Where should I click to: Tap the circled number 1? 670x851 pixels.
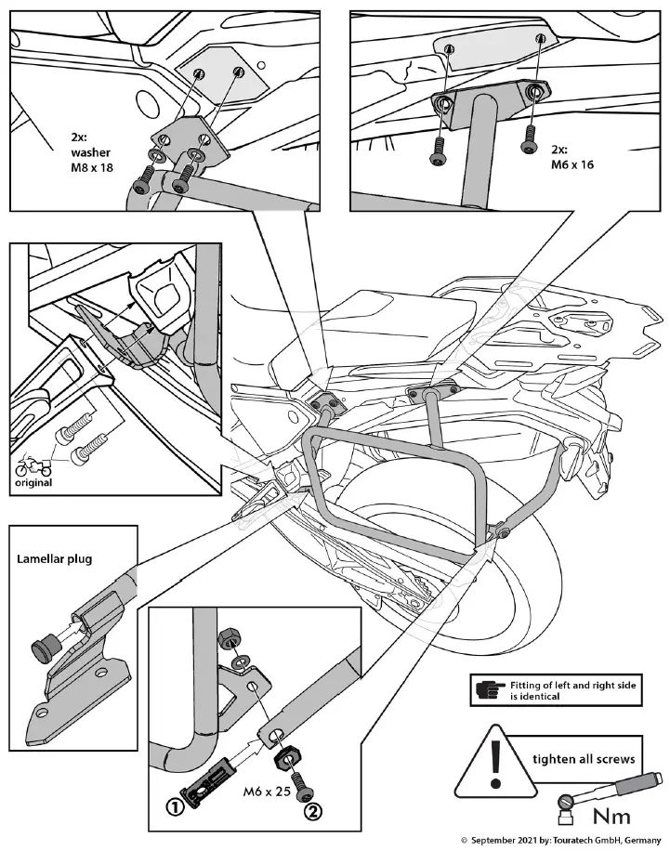click(175, 806)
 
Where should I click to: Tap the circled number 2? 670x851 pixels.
click(314, 810)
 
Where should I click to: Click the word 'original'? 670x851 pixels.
click(33, 483)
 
